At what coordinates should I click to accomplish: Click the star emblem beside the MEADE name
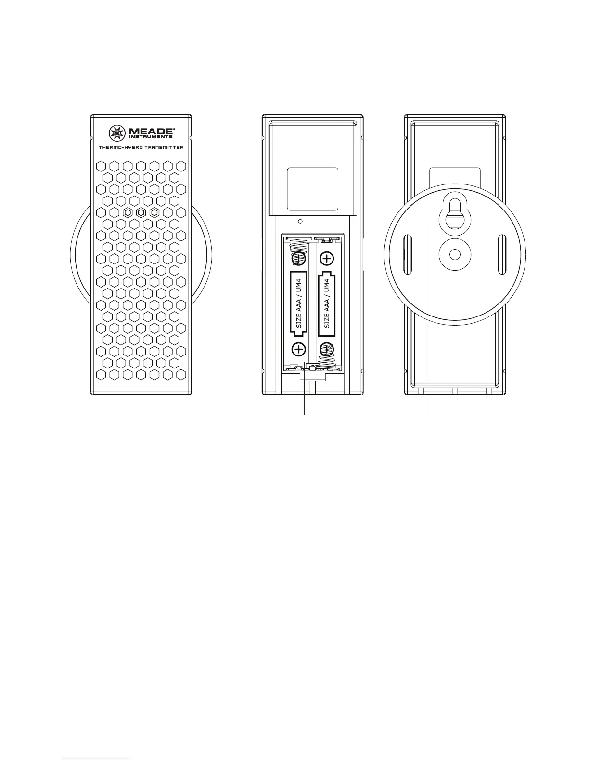point(117,132)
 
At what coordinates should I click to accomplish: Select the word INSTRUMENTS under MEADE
point(150,137)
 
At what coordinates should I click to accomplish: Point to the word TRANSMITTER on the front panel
point(162,147)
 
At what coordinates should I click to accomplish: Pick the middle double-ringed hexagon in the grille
point(141,212)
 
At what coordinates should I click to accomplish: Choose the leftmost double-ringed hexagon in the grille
point(127,212)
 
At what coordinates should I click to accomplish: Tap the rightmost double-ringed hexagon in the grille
point(154,212)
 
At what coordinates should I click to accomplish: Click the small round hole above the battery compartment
point(300,222)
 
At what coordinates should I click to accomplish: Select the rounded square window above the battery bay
point(312,189)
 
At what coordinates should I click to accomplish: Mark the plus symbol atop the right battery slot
point(327,259)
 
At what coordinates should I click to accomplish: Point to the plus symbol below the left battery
point(298,349)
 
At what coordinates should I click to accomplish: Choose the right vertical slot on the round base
point(502,253)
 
